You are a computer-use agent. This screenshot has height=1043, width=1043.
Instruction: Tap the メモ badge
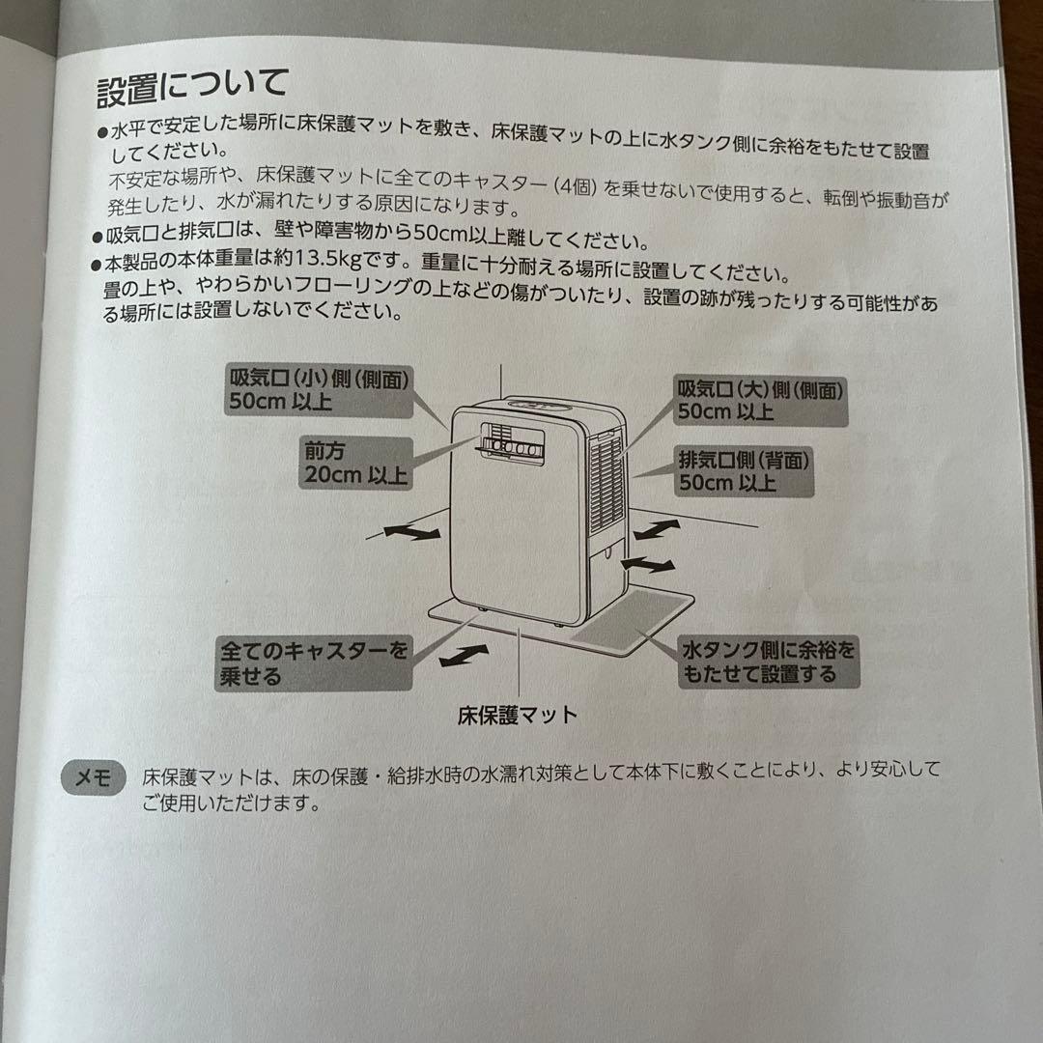tap(94, 776)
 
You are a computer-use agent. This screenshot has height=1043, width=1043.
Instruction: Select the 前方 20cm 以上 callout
tap(354, 464)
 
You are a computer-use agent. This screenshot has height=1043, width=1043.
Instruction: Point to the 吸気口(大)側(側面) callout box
tap(758, 401)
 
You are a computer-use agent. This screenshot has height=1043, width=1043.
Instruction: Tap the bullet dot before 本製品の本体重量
tap(97, 265)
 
